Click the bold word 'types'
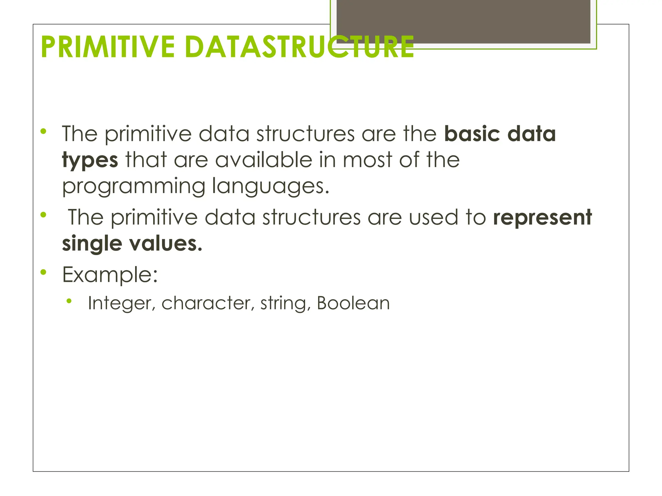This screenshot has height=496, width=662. click(90, 160)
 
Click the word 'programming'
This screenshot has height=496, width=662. click(133, 187)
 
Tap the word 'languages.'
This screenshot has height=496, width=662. click(271, 187)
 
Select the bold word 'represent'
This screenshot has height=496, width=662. click(542, 217)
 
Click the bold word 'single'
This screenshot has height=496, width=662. click(92, 243)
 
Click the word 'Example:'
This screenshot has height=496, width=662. click(110, 275)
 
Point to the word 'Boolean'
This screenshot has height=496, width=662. click(353, 304)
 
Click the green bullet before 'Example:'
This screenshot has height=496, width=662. click(43, 273)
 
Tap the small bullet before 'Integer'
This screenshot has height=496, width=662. click(69, 301)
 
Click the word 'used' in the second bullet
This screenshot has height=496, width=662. click(433, 217)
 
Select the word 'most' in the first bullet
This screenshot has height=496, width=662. click(367, 160)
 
